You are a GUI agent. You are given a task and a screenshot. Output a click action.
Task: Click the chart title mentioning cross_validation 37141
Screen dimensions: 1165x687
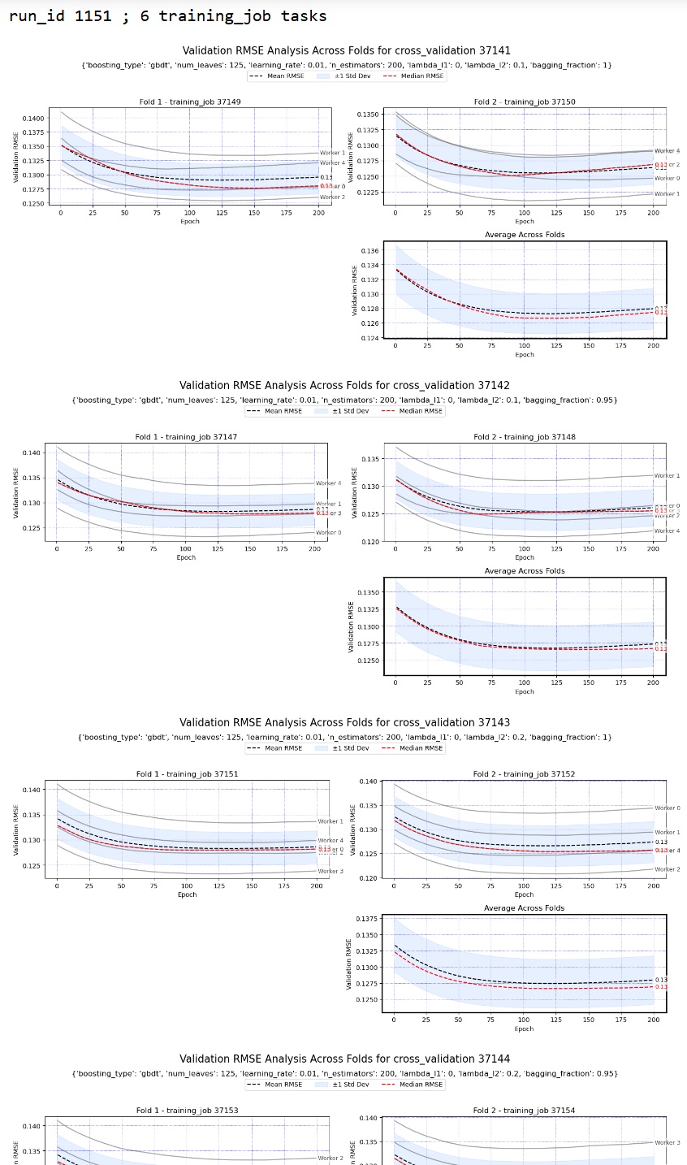click(x=346, y=50)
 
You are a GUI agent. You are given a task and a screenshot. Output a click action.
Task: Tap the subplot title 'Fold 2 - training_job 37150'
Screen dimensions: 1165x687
click(x=525, y=102)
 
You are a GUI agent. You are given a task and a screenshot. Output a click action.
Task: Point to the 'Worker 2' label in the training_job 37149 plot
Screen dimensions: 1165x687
click(x=332, y=197)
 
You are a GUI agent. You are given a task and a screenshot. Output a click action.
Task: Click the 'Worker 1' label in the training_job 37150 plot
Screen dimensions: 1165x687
click(x=667, y=193)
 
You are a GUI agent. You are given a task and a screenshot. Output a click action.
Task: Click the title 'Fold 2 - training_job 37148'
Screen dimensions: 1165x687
click(x=525, y=437)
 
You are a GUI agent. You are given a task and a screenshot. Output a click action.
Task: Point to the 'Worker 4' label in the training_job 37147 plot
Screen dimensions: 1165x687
click(x=328, y=483)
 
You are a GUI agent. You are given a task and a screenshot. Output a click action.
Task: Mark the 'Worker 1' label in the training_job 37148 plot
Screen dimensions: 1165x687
click(x=667, y=475)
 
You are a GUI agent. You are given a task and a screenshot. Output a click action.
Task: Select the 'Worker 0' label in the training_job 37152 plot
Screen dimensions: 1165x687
click(x=667, y=808)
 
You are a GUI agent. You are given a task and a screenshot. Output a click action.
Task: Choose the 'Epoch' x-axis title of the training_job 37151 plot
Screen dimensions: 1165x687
click(x=187, y=894)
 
